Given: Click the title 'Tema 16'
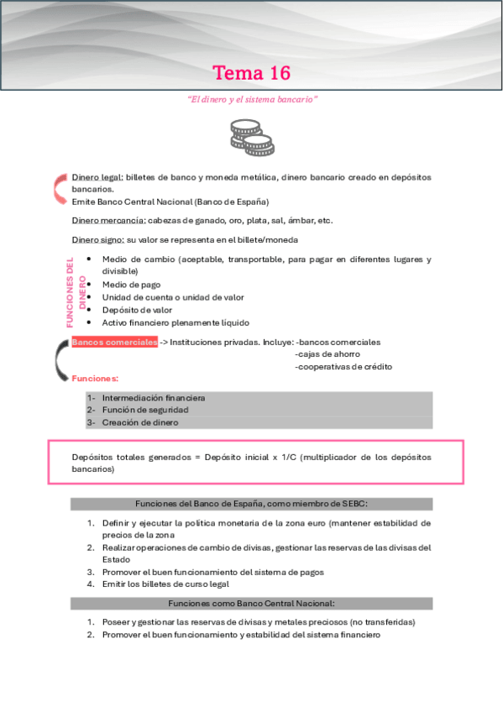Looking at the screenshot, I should (x=252, y=73).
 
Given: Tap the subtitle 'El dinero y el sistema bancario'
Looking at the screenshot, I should (x=252, y=99).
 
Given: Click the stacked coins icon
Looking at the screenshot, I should (x=246, y=137).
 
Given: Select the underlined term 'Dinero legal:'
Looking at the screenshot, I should (x=97, y=177).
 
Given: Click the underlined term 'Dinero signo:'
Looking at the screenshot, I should (x=98, y=239).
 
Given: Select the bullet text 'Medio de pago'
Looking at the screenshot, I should (x=131, y=285).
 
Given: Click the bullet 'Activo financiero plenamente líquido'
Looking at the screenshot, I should (x=176, y=322).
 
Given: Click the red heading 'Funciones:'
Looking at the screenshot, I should (x=95, y=379).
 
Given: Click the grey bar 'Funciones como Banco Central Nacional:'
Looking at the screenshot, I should (x=251, y=603).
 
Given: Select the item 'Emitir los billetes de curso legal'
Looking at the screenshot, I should (x=165, y=584).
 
